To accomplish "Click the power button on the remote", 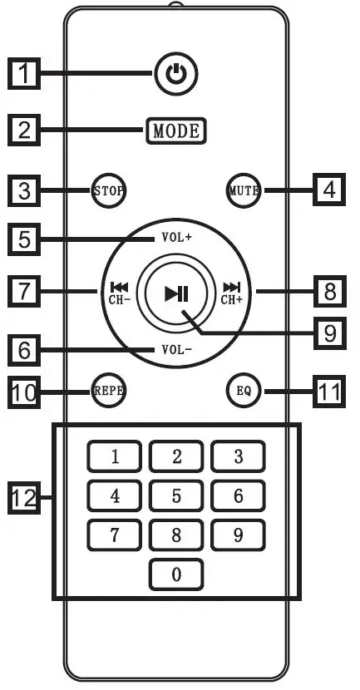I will click(x=175, y=76).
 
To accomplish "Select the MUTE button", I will click(x=244, y=190).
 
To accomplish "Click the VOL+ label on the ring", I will click(x=176, y=238).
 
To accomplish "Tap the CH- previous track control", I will click(x=116, y=293).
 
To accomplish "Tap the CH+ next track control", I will click(x=232, y=293).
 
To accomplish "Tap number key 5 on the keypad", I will click(x=176, y=496).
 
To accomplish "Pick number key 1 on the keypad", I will click(x=115, y=456).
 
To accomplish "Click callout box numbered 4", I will click(x=330, y=190).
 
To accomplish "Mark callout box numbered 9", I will click(x=330, y=334).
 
